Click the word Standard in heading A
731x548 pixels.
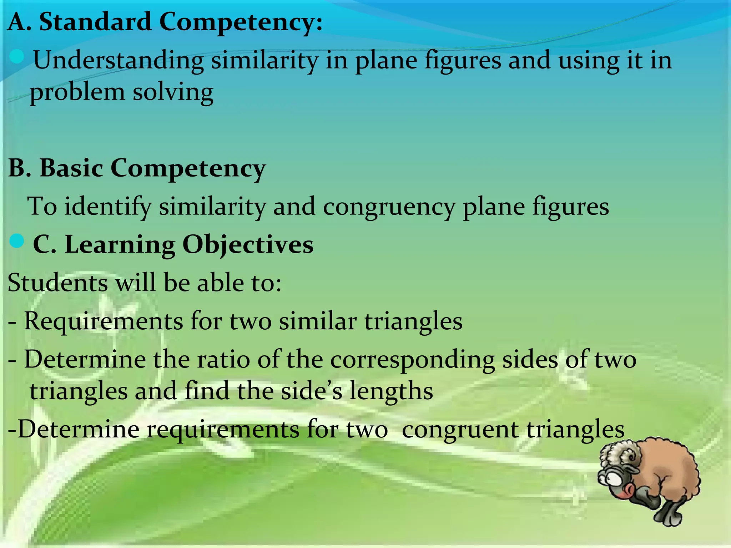coord(95,22)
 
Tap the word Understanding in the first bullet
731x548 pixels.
coord(118,61)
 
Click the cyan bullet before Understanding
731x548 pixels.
coord(17,56)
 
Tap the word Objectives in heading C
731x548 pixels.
coord(248,245)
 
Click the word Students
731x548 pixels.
coord(57,283)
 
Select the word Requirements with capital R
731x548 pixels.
coord(104,321)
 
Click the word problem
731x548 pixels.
coord(77,93)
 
